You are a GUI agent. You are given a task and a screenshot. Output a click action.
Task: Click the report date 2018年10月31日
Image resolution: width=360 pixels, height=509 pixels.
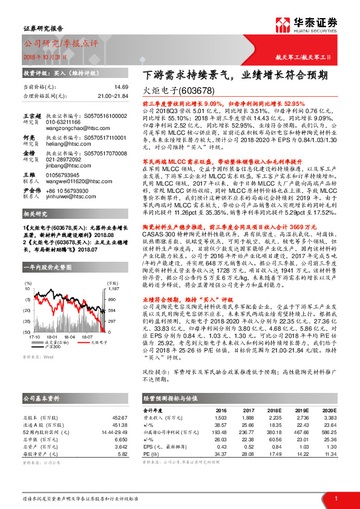[x=45, y=56]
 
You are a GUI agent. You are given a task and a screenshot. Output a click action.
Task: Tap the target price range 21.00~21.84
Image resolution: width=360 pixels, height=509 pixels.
[x=113, y=96]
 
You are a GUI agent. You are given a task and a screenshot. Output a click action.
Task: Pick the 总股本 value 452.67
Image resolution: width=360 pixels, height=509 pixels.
[x=120, y=418]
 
